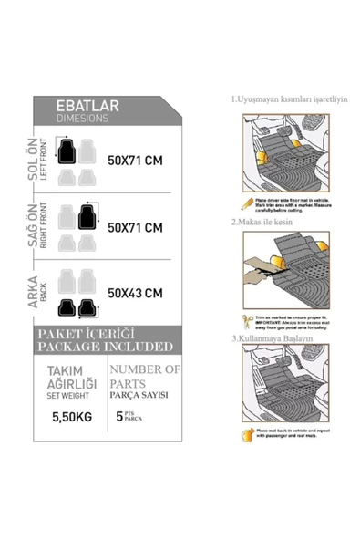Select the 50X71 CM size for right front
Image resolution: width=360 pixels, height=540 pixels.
[135, 227]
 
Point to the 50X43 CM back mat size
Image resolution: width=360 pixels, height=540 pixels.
[135, 293]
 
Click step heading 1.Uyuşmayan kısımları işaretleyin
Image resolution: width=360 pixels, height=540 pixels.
[289, 99]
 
